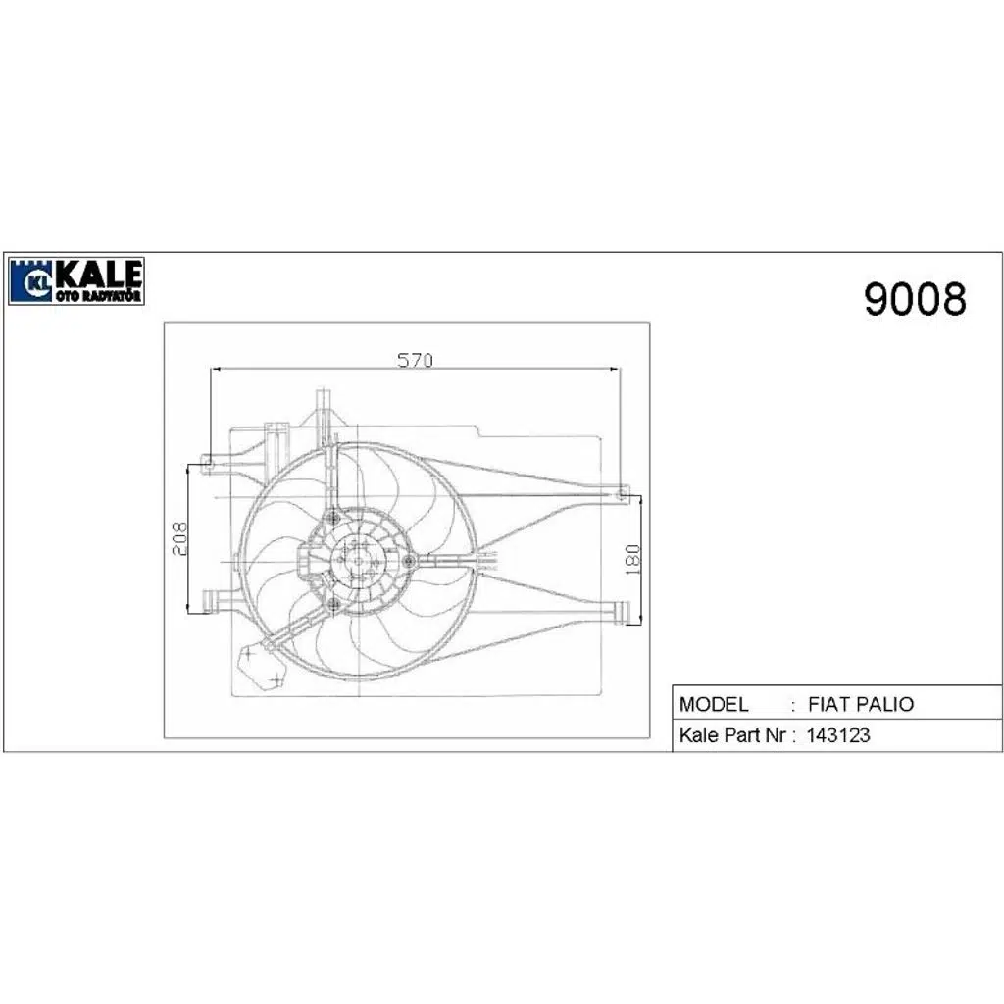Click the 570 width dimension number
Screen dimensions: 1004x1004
click(x=415, y=360)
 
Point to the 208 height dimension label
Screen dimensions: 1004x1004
click(x=180, y=538)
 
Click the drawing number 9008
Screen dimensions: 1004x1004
click(x=914, y=299)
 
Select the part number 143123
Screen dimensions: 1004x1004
click(x=837, y=735)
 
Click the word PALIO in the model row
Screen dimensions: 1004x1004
click(x=886, y=704)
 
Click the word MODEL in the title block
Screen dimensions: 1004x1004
click(x=714, y=704)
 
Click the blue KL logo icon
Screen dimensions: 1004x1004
click(x=30, y=281)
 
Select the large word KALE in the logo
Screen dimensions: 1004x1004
click(x=98, y=274)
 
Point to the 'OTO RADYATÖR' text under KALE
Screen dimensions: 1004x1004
click(x=98, y=295)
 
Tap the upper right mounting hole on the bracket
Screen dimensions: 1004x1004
click(x=620, y=494)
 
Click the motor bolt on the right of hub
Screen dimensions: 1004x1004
click(x=409, y=560)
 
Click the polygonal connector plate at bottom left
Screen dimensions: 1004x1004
click(x=258, y=664)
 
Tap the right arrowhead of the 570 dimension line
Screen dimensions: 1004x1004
click(x=615, y=370)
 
